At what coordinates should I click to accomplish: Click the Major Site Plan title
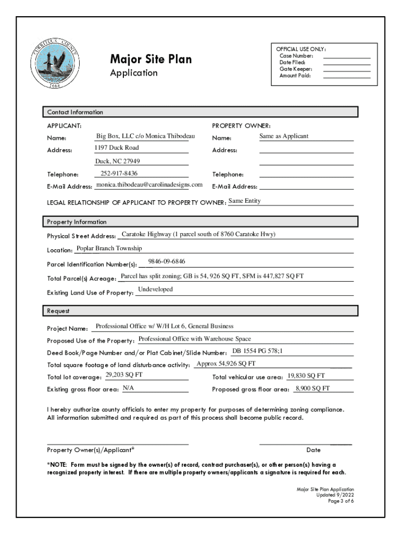pos(151,59)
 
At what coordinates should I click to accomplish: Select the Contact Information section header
pos(76,112)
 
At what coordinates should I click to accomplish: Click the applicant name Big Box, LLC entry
pos(145,136)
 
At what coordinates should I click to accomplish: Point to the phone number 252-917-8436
pos(119,173)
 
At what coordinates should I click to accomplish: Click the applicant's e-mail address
pos(149,185)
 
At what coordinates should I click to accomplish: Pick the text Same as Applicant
pos(284,136)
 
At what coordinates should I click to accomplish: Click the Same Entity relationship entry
pos(245,201)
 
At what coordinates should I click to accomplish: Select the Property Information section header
pos(77,222)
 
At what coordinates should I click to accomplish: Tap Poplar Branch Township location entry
pos(109,248)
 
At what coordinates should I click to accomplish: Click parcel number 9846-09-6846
pos(167,261)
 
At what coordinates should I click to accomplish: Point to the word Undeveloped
pos(155,289)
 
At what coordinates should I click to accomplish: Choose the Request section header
pos(58,311)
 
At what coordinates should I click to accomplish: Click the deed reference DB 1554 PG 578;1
pos(257,351)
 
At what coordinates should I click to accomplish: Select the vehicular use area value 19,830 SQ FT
pos(306,375)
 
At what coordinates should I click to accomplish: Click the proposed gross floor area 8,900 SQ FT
pos(312,389)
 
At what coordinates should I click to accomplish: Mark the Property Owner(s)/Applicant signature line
pos(118,443)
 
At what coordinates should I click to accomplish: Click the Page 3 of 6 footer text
pos(341,501)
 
